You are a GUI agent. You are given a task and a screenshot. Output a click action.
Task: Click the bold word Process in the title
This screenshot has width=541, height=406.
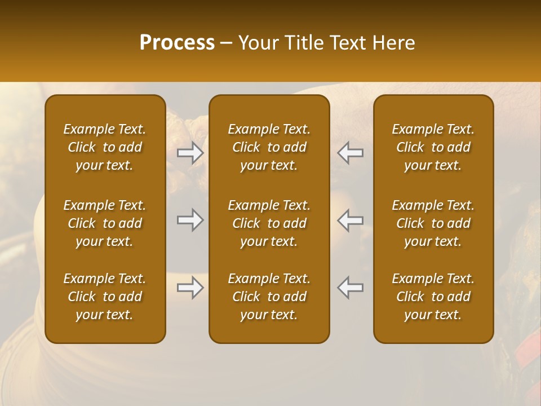pyautogui.click(x=177, y=43)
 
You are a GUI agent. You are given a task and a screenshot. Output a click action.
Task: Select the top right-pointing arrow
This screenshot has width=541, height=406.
pyautogui.click(x=190, y=153)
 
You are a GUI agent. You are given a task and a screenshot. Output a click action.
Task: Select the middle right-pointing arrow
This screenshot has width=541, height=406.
pyautogui.click(x=190, y=220)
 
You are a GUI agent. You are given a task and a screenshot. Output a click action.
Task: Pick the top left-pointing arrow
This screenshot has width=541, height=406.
pyautogui.click(x=351, y=153)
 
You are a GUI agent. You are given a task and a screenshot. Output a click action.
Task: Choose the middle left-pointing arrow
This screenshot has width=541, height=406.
pyautogui.click(x=351, y=220)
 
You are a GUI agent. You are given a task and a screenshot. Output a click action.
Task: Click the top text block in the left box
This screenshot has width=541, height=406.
pyautogui.click(x=105, y=147)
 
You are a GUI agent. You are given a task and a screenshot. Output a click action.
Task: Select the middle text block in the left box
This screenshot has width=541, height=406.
pyautogui.click(x=105, y=223)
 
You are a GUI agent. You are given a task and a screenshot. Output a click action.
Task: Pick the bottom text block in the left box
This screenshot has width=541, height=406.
pyautogui.click(x=105, y=297)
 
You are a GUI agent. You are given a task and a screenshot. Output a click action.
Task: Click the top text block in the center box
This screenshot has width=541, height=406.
pyautogui.click(x=269, y=147)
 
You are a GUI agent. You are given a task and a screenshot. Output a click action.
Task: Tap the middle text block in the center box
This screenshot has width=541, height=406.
pyautogui.click(x=269, y=223)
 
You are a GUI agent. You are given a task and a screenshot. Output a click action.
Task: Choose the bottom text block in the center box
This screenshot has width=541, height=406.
pyautogui.click(x=269, y=297)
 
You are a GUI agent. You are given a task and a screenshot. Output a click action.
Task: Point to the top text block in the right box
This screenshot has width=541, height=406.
pyautogui.click(x=433, y=147)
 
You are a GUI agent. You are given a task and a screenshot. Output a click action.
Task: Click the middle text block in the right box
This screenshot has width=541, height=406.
pyautogui.click(x=433, y=223)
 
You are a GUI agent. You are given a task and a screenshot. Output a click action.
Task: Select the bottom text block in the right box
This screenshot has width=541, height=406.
pyautogui.click(x=433, y=297)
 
